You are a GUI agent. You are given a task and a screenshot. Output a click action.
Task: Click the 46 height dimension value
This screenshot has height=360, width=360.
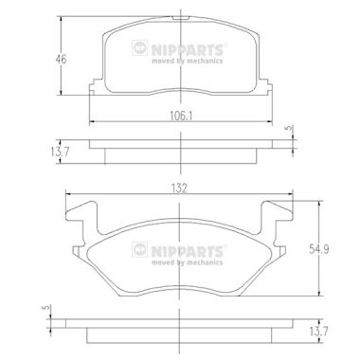pyautogui.click(x=61, y=59)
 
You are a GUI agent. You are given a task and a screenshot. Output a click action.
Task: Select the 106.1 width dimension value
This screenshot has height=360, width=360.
pyautogui.click(x=181, y=117)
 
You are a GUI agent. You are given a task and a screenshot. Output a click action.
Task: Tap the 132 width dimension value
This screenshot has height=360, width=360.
pyautogui.click(x=179, y=189)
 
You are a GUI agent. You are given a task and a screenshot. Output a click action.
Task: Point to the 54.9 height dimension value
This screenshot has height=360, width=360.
pyautogui.click(x=318, y=250)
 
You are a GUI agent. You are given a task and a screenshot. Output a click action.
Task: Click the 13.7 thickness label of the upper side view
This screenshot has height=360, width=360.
pyautogui.click(x=60, y=152)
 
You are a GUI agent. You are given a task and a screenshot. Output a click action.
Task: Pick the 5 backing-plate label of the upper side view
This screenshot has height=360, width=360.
pyautogui.click(x=288, y=129)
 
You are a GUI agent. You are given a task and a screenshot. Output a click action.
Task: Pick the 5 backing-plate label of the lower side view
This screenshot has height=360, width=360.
pyautogui.click(x=45, y=308)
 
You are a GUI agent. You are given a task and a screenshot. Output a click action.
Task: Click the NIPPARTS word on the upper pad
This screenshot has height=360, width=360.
pyautogui.click(x=187, y=49)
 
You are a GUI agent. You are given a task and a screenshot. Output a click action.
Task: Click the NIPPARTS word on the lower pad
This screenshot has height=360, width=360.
pyautogui.click(x=187, y=251)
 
